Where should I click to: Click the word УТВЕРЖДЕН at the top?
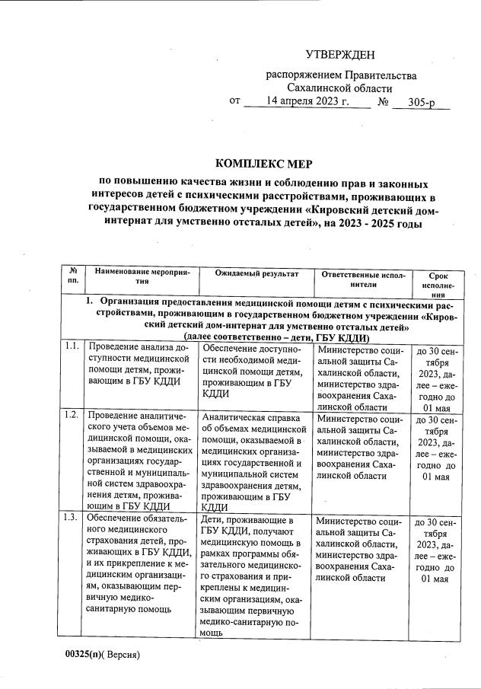tap(339, 54)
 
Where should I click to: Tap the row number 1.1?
tap(72, 347)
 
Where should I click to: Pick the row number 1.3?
tap(72, 518)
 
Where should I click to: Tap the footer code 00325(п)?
tap(83, 654)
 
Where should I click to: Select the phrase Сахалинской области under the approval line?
tap(340, 88)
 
